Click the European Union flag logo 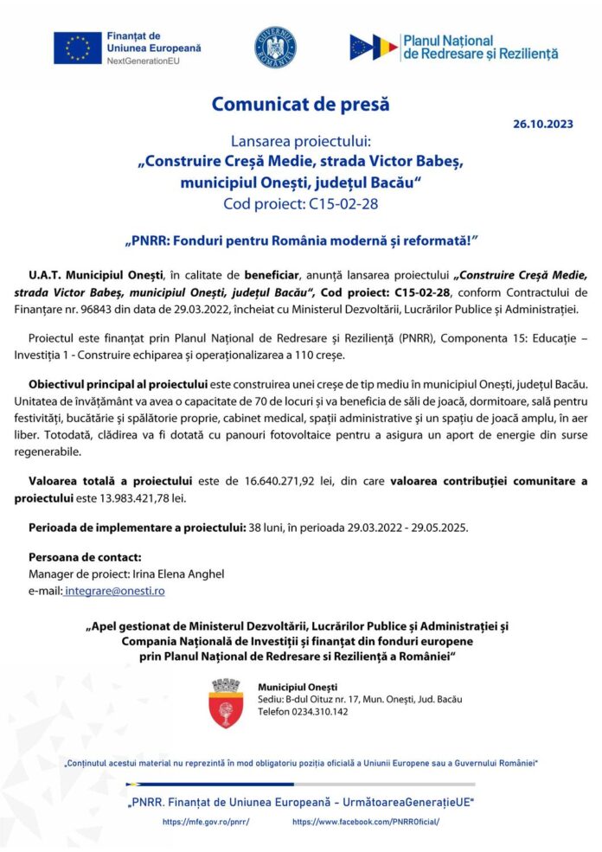pyautogui.click(x=78, y=48)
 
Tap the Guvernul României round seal pyautogui.click(x=274, y=48)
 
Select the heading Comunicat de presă pyautogui.click(x=300, y=105)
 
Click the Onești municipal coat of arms pyautogui.click(x=226, y=702)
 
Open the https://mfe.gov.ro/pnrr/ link pyautogui.click(x=205, y=821)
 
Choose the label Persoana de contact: pyautogui.click(x=85, y=557)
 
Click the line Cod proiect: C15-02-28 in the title pyautogui.click(x=300, y=203)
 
